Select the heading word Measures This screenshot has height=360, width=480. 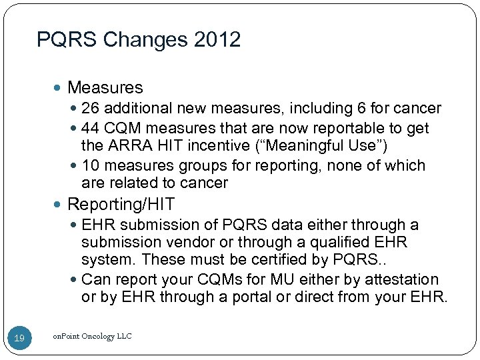click(105, 87)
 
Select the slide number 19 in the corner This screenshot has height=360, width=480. click(19, 339)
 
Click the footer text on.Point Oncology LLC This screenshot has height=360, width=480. click(91, 337)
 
